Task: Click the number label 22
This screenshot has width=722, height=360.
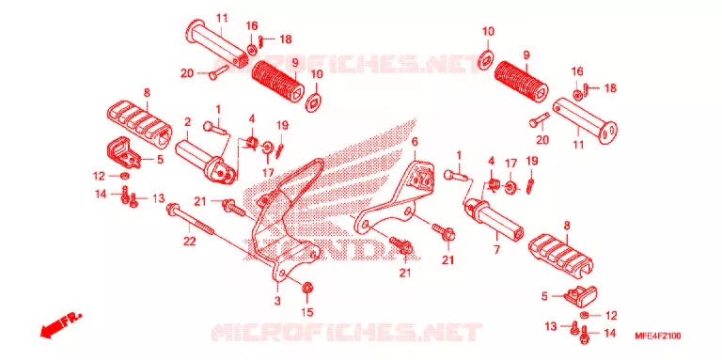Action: [190, 241]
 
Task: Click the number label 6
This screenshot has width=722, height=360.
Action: [415, 142]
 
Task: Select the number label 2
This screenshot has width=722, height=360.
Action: [187, 122]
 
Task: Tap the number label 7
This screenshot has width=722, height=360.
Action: [497, 238]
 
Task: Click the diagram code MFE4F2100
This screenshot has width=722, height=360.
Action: [659, 337]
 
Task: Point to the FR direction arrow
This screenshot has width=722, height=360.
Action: [60, 325]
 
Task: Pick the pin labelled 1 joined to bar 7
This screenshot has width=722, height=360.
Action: [456, 175]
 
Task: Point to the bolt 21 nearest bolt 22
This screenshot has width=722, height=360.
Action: [234, 208]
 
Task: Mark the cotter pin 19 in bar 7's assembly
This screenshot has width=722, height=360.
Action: [530, 185]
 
